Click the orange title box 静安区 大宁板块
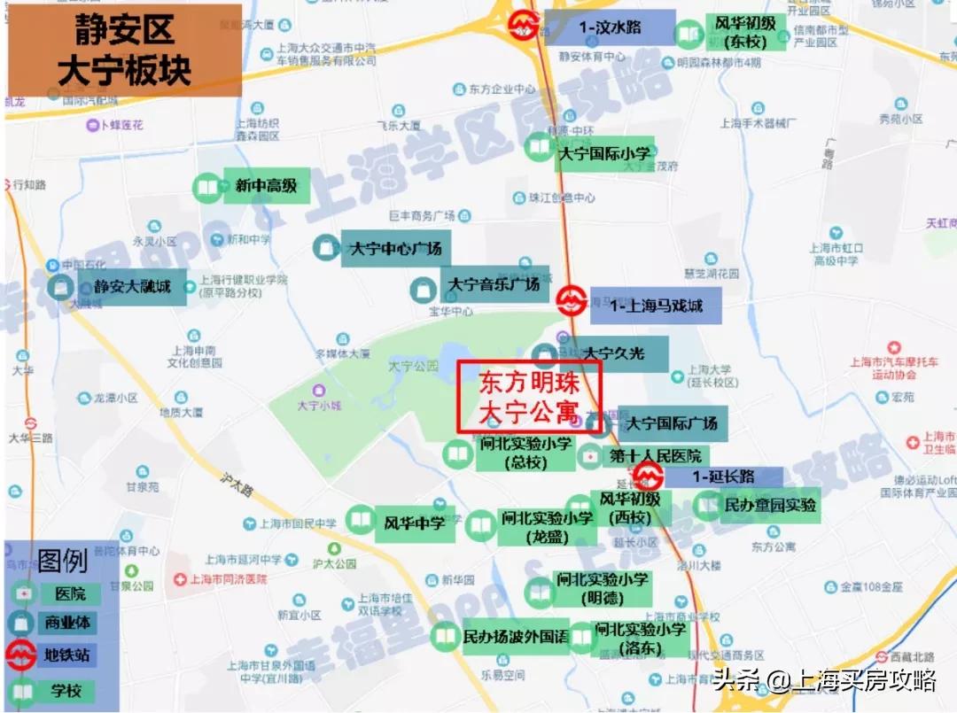[x=124, y=50]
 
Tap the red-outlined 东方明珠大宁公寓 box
[x=529, y=397]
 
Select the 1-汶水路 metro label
[x=610, y=27]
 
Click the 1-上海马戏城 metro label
[x=656, y=306]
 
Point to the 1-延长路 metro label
[x=723, y=477]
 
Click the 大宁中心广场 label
[x=395, y=249]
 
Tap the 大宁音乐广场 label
[x=494, y=284]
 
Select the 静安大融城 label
[x=133, y=287]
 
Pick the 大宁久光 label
[x=613, y=354]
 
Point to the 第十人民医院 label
[x=655, y=456]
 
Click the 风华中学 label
[x=414, y=523]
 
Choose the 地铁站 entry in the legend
[x=67, y=656]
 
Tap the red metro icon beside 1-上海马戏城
[x=567, y=299]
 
